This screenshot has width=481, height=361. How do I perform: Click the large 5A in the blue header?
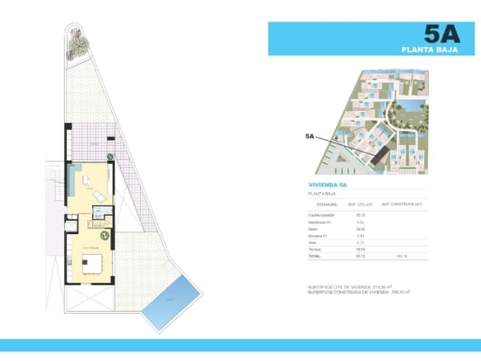coord(441,34)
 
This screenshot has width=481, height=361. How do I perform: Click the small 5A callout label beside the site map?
coord(311,135)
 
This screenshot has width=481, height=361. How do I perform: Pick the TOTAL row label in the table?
coord(314,256)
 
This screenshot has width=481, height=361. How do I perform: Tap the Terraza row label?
coord(314,249)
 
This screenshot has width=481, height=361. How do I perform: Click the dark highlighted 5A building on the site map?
coord(378,153)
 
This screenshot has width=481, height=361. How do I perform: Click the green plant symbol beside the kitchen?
coord(105,236)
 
